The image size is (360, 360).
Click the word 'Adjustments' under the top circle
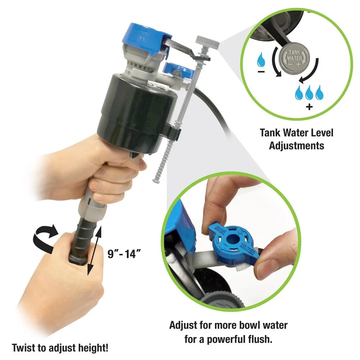(297, 145)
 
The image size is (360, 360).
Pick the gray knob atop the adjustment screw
(208, 43)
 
